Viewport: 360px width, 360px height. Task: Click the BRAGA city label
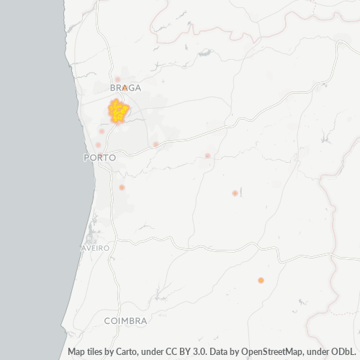(x=125, y=88)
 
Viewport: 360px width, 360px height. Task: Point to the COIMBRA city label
(x=125, y=320)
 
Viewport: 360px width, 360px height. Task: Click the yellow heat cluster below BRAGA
(x=118, y=112)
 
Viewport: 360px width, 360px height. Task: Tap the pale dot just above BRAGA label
(x=117, y=79)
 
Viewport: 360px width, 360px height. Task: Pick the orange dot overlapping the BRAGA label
(x=125, y=87)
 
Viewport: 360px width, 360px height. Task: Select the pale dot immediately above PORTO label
(x=98, y=145)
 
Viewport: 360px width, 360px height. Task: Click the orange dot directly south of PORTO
(x=122, y=187)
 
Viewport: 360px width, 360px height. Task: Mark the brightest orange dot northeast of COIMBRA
(x=261, y=280)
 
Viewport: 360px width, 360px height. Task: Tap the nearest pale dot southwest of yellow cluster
(x=102, y=131)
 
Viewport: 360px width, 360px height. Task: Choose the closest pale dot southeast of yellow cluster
(x=156, y=144)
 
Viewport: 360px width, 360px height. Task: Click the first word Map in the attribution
(x=76, y=352)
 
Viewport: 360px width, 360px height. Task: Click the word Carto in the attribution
(x=129, y=352)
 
